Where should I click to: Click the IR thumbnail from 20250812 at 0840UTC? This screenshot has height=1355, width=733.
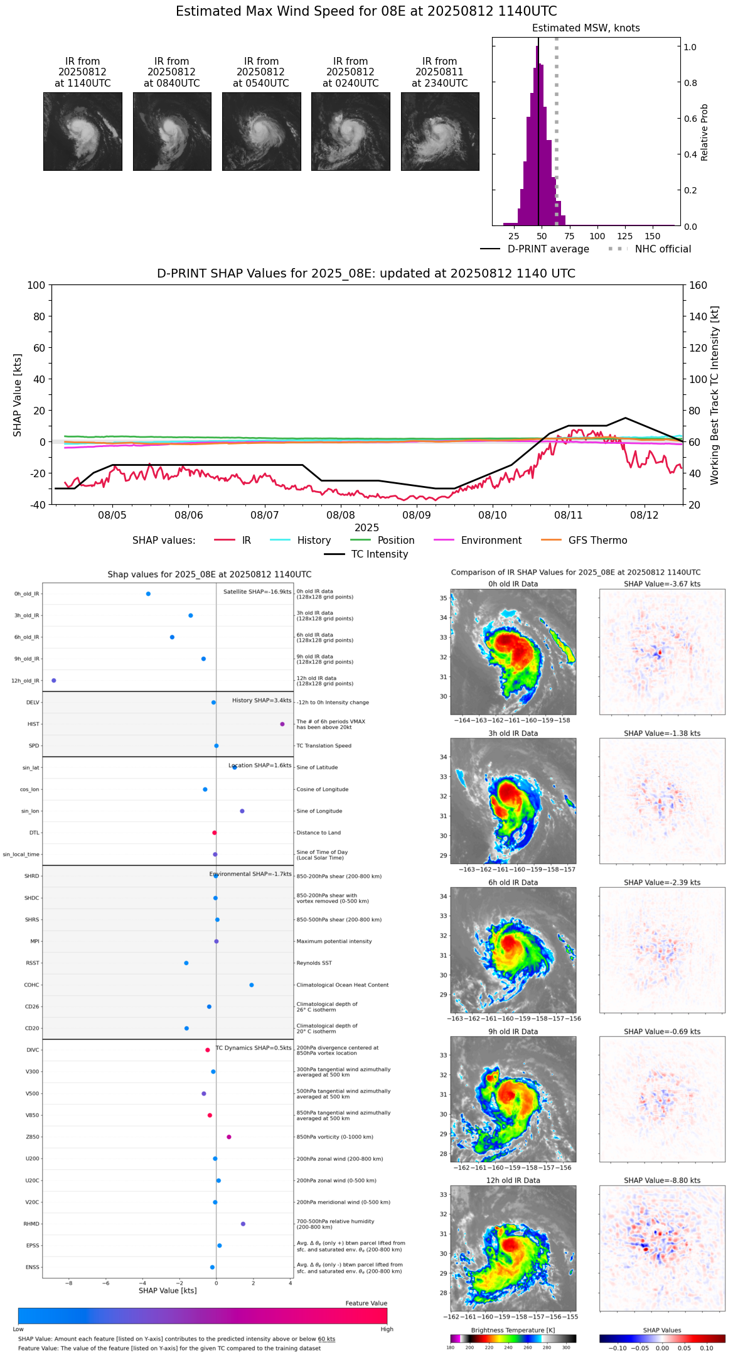tap(172, 131)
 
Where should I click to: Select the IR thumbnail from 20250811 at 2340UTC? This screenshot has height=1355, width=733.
tap(440, 131)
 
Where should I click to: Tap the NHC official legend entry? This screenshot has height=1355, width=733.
tap(663, 249)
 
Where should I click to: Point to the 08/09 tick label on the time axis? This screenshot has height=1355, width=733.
tap(417, 515)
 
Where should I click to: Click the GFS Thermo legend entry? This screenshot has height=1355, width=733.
tap(597, 541)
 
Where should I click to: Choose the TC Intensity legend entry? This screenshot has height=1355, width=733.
tap(379, 554)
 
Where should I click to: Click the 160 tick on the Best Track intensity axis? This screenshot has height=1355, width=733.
tap(698, 285)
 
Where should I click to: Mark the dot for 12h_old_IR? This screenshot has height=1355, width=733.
tap(54, 681)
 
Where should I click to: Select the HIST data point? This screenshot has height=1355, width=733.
tap(282, 724)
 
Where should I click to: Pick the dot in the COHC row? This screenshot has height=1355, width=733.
tap(252, 985)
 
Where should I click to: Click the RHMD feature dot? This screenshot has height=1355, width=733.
tap(243, 1224)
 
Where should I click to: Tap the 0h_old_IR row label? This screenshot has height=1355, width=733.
tap(26, 594)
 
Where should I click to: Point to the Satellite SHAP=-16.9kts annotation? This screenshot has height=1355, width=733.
tap(257, 592)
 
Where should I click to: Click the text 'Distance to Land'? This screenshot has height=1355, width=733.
tap(319, 833)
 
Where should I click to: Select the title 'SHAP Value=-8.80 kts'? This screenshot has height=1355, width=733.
tap(662, 1180)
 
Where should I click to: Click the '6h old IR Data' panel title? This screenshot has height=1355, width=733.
tap(513, 882)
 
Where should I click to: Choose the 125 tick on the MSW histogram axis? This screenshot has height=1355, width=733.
tap(624, 236)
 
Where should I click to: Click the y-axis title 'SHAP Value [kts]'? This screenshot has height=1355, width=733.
tap(18, 395)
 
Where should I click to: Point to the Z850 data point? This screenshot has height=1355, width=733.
tap(229, 1137)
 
